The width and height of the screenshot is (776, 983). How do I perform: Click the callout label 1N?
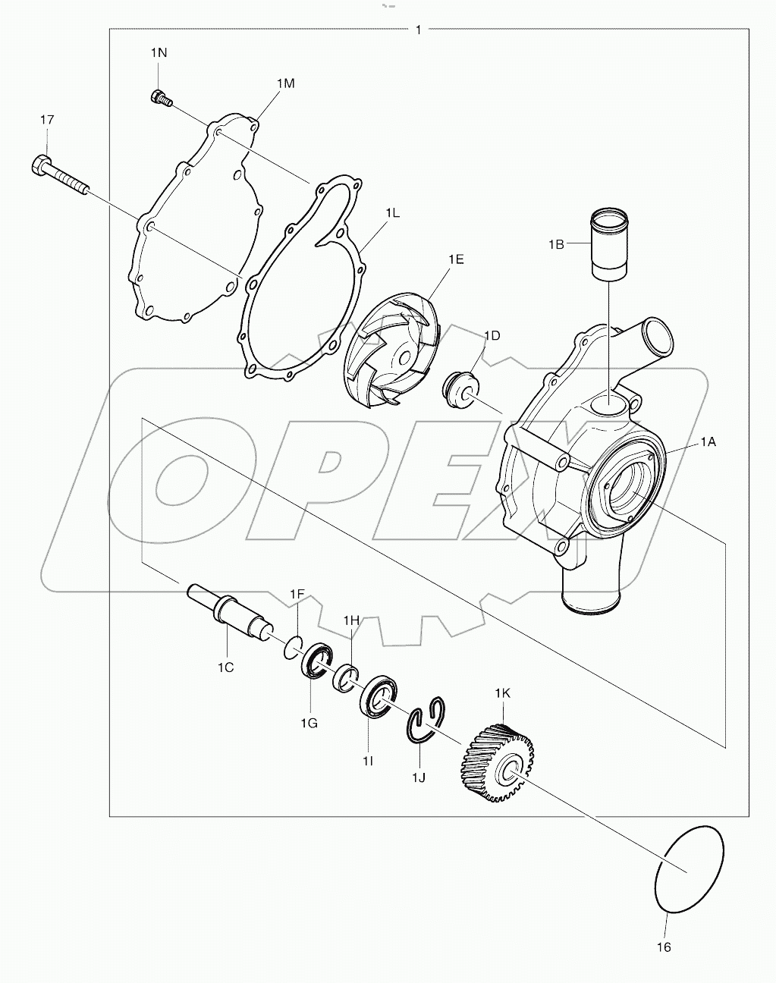pos(158,53)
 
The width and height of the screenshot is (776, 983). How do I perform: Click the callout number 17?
pos(47,120)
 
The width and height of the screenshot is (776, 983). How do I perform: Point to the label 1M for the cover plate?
pos(285,83)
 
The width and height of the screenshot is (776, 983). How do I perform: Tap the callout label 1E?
pos(455,259)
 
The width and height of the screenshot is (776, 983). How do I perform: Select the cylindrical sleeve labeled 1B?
pos(609,244)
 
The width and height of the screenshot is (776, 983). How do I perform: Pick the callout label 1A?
pos(707,441)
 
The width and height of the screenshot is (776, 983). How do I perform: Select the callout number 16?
pos(664,947)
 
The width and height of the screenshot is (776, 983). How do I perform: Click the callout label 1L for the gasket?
pos(391,214)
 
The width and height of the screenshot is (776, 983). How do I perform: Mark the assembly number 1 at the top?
pos(419,30)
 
